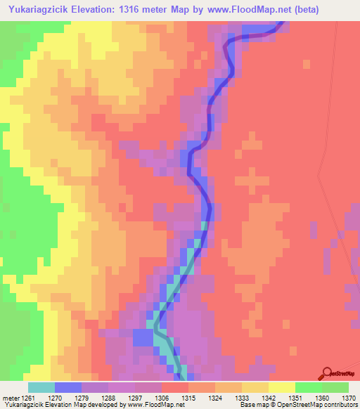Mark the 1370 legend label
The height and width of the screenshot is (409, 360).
(x=349, y=398)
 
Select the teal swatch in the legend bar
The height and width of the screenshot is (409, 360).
(x=41, y=387)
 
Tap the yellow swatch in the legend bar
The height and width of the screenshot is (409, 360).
(x=282, y=387)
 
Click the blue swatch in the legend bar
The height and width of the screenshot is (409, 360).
(x=68, y=387)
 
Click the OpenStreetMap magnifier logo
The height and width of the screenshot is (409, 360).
(x=327, y=375)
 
